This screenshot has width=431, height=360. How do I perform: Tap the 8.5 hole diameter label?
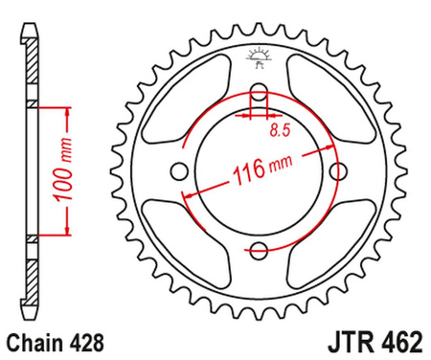(x=279, y=127)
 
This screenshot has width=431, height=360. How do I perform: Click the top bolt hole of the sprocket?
(x=258, y=94)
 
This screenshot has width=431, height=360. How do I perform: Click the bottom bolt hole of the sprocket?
(x=258, y=251)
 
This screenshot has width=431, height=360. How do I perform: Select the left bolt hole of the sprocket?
(x=179, y=172)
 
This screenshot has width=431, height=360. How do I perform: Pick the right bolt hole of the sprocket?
(x=336, y=172)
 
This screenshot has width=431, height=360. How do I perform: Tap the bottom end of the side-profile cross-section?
(x=32, y=312)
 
